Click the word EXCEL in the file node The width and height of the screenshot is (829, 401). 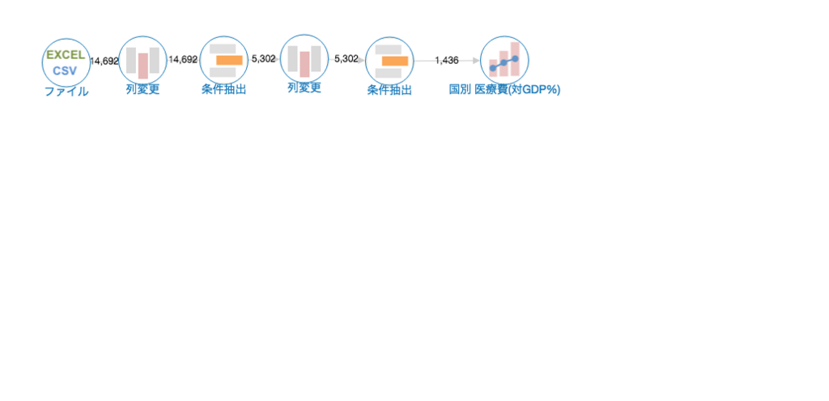(x=66, y=55)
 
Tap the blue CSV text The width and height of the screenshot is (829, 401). (x=65, y=71)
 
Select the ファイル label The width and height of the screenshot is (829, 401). (x=66, y=92)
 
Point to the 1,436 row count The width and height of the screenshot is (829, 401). (x=447, y=60)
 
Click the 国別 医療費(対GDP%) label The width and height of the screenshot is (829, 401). (x=504, y=89)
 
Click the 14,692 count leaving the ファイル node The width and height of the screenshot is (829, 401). (x=104, y=62)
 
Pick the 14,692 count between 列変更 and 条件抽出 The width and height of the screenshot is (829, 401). (x=183, y=59)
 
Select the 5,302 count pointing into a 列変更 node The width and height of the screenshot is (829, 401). (x=264, y=58)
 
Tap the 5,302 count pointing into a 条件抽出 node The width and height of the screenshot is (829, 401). (x=346, y=58)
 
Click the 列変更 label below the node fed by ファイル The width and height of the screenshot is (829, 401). (x=142, y=89)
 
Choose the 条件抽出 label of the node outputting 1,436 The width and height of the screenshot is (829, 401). (x=389, y=91)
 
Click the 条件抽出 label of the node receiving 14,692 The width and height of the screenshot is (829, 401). (x=223, y=89)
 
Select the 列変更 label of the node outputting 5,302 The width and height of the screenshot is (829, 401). (x=304, y=87)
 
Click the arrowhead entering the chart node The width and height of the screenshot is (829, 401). (x=476, y=61)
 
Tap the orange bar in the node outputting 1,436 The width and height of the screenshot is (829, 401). (x=395, y=62)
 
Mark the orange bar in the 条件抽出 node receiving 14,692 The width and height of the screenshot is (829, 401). (x=229, y=60)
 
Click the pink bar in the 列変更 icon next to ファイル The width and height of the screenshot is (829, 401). (x=143, y=66)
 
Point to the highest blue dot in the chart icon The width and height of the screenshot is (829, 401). (x=515, y=58)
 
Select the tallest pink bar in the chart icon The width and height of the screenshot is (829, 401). (x=515, y=59)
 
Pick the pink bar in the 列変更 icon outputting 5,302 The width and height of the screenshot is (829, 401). (x=304, y=64)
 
